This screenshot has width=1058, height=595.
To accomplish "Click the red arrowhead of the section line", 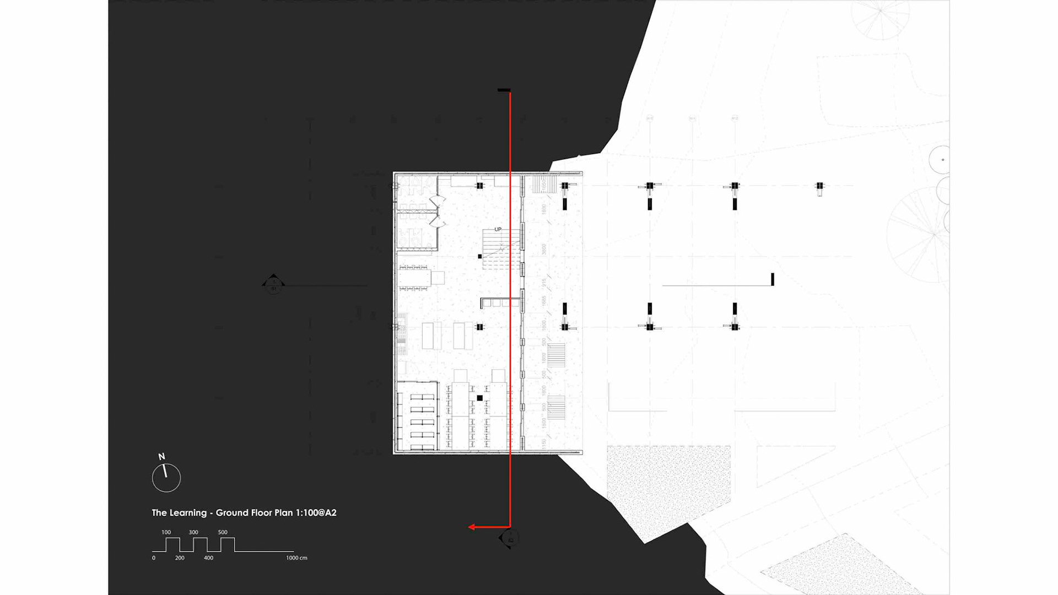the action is tap(472, 527).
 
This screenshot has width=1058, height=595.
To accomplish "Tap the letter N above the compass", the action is tap(161, 457).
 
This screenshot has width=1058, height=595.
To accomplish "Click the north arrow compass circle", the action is tap(166, 478).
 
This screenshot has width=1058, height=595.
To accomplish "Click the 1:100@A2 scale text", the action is tap(316, 513).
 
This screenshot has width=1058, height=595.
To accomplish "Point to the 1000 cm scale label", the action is tap(296, 558).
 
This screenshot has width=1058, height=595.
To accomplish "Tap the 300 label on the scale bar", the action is tap(193, 532).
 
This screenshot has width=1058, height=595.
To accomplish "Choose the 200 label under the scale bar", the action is tap(180, 558).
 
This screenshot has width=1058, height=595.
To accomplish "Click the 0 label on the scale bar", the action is tap(154, 558).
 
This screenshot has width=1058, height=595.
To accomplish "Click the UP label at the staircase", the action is tap(498, 229).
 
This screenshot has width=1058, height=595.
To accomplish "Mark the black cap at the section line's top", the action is tap(504, 90).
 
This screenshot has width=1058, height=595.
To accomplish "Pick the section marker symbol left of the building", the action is tap(273, 284).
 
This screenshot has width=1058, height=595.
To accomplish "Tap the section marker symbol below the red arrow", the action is tap(509, 538).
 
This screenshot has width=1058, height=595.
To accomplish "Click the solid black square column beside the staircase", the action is tap(480, 257).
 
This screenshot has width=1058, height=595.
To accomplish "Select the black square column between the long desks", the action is tap(480, 398).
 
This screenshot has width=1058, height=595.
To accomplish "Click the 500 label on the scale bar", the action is tap(223, 532).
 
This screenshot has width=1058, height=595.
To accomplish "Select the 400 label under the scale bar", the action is tap(208, 558).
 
